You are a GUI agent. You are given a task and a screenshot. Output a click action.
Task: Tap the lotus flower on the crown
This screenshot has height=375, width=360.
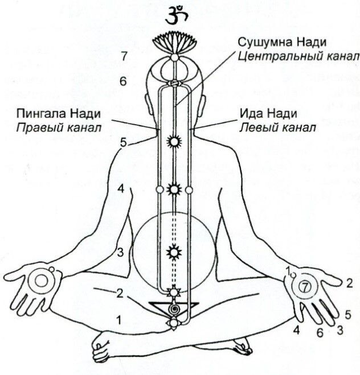[175, 42]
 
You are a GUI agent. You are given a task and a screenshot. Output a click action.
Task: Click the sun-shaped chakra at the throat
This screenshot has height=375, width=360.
[175, 141]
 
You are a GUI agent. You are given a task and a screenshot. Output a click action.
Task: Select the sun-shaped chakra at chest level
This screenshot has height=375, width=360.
[175, 188]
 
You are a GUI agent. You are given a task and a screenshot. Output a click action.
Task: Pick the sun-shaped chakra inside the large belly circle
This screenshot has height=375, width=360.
[175, 251]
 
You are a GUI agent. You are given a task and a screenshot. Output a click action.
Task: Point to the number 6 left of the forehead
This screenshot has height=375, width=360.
[123, 80]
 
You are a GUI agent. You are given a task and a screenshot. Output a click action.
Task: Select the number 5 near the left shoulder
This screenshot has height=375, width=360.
[123, 142]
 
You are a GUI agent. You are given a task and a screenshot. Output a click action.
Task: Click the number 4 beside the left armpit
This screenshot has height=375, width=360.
[120, 188]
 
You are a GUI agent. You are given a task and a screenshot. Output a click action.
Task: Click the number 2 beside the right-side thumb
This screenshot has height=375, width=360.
[350, 282]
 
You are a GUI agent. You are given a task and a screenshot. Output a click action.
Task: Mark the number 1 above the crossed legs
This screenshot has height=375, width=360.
[118, 319]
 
